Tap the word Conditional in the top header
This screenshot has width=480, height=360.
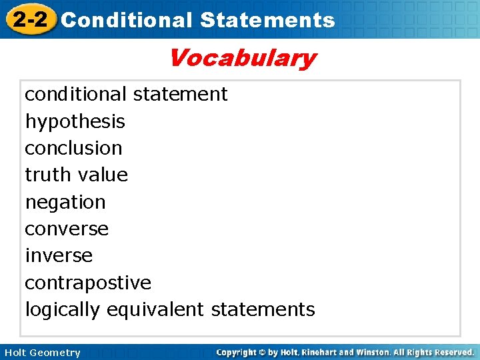126,20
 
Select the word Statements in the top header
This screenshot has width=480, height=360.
267,20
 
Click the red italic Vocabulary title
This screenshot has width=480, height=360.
241,58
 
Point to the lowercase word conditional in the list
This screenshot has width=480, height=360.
75,94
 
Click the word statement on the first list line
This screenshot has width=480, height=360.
180,94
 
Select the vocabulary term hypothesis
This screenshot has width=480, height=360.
75,122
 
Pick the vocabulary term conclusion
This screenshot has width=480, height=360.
73,148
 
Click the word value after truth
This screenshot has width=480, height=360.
103,175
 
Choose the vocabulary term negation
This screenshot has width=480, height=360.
65,201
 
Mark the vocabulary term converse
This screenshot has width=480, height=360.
67,229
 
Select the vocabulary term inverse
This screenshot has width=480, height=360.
59,255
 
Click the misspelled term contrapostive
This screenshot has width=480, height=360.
88,283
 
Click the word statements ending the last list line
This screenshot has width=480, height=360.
263,309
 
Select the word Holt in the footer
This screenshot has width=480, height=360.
15,353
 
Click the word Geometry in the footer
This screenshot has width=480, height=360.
55,353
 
